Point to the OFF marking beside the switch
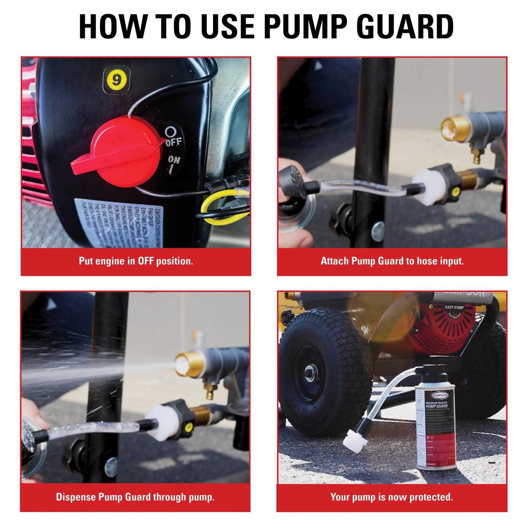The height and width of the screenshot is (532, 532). point(174,142)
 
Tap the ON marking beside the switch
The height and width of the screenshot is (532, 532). point(174,160)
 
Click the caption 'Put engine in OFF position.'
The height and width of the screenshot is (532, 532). point(136,261)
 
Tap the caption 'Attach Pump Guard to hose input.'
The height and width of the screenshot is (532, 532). point(392,261)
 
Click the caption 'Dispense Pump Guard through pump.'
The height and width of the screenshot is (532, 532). point(135,497)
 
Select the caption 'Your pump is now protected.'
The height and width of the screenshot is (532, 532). point(392,497)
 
